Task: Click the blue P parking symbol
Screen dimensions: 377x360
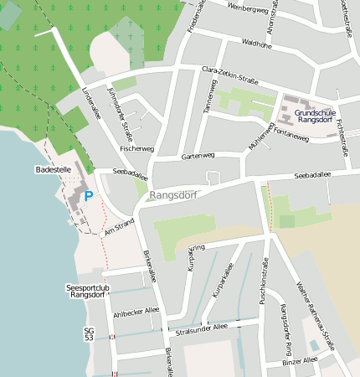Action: coord(89,197)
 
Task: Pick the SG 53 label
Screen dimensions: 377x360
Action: coord(89,333)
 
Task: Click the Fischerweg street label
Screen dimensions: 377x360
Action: coord(136,148)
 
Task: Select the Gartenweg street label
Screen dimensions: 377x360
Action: coord(198,156)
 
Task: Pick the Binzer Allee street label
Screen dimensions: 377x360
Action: coord(300,360)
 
